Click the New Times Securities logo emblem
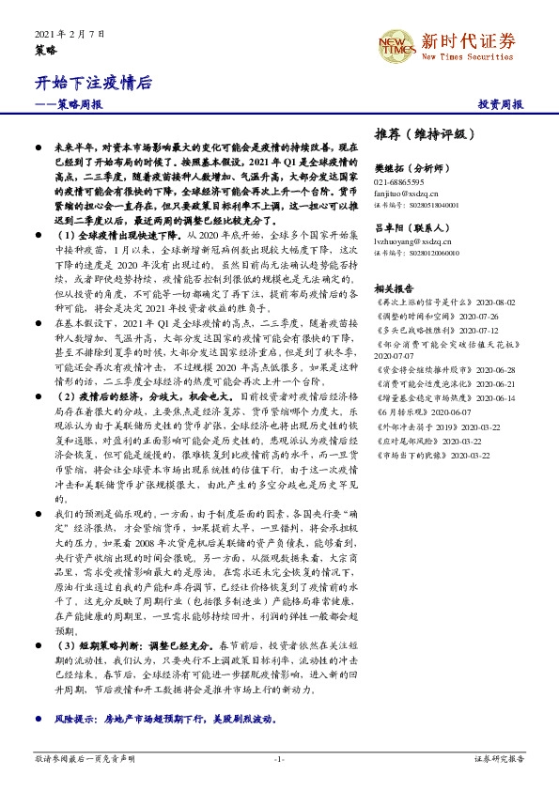[x=393, y=43]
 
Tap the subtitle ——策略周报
[x=69, y=105]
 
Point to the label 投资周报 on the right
[x=501, y=105]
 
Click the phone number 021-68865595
[x=398, y=181]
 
